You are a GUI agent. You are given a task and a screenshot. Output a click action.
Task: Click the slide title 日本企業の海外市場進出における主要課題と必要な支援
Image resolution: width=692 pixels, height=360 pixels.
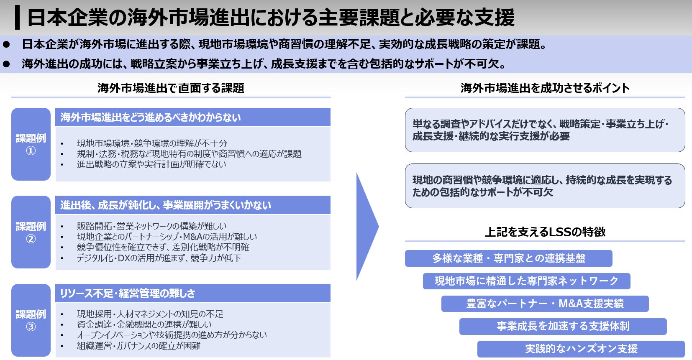(271, 18)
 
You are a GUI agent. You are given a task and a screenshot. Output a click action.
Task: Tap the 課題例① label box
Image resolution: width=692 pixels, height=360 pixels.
(31, 144)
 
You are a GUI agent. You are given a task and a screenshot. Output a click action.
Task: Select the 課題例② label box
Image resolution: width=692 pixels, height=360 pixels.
(31, 232)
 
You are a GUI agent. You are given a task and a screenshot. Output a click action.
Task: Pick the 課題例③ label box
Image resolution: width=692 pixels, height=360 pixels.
(31, 320)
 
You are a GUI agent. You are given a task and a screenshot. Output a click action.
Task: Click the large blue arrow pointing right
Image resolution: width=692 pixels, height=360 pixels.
(367, 226)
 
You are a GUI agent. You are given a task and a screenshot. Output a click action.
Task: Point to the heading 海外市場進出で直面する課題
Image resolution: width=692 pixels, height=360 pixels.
(171, 88)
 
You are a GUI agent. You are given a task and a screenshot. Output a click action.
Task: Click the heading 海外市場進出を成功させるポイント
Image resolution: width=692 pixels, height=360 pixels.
(545, 88)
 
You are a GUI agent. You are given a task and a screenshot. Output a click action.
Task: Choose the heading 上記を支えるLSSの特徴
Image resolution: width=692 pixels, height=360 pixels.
(545, 232)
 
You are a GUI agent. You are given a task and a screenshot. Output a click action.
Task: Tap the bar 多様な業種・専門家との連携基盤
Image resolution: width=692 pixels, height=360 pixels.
(508, 258)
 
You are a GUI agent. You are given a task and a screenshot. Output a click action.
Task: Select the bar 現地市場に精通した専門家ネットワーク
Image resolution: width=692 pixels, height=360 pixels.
(526, 281)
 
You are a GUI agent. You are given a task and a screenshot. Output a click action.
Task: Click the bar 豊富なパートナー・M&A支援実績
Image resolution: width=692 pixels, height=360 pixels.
(545, 304)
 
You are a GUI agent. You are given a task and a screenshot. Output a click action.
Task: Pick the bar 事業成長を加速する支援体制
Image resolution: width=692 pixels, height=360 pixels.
(563, 326)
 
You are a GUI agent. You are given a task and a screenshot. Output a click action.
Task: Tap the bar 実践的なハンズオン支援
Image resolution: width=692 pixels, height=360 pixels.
(581, 349)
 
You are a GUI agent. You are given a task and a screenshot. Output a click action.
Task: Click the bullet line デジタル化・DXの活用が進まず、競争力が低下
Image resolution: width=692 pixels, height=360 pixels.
(159, 258)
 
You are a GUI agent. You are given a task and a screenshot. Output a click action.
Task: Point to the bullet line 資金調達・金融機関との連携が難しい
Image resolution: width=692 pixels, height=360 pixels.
(144, 324)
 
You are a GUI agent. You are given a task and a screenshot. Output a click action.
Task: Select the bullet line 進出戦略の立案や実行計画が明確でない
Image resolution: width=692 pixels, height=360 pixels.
(151, 164)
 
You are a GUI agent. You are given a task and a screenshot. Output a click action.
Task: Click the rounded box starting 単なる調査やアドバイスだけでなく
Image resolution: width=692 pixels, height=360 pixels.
(545, 130)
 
